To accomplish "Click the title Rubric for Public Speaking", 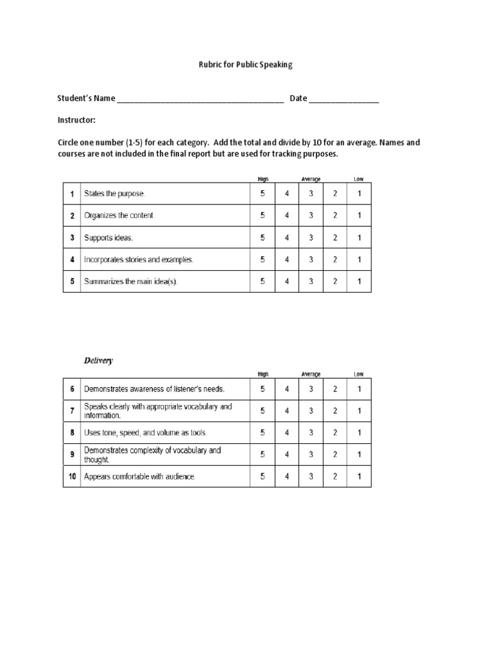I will click(x=245, y=65).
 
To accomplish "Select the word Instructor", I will click(x=76, y=120).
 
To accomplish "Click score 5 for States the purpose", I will click(x=262, y=194).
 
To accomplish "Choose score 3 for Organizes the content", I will click(x=311, y=216).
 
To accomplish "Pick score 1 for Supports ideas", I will click(x=359, y=238).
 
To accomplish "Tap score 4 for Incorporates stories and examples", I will click(x=286, y=260).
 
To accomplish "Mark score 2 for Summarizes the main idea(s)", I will click(x=335, y=282).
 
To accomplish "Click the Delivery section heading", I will click(x=98, y=360).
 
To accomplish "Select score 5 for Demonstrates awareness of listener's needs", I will click(x=262, y=388).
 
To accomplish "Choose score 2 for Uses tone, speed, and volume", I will click(x=335, y=432).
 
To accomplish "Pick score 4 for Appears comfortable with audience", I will click(x=286, y=476).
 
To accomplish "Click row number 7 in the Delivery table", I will click(x=72, y=411).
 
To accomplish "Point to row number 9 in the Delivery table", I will click(x=72, y=454).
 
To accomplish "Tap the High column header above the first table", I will click(x=263, y=179).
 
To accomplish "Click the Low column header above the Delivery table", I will click(x=359, y=374).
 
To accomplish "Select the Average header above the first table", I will click(x=311, y=179).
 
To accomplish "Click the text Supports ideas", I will click(x=109, y=238).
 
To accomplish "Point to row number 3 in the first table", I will click(x=72, y=238).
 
